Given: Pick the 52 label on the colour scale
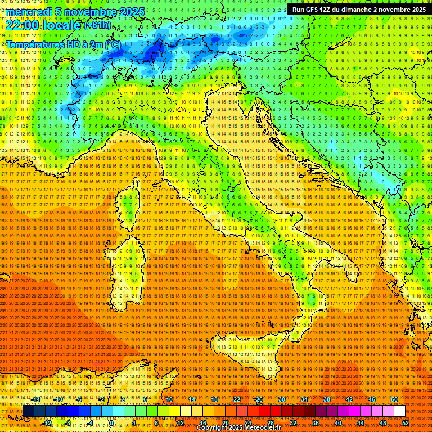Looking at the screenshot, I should (405, 423).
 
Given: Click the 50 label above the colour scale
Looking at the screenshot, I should (394, 399).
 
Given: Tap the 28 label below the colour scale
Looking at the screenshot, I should (270, 423).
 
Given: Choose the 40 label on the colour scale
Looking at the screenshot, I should (337, 423).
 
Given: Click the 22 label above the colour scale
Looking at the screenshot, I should (237, 399).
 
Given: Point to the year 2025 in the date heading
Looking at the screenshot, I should (132, 12).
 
